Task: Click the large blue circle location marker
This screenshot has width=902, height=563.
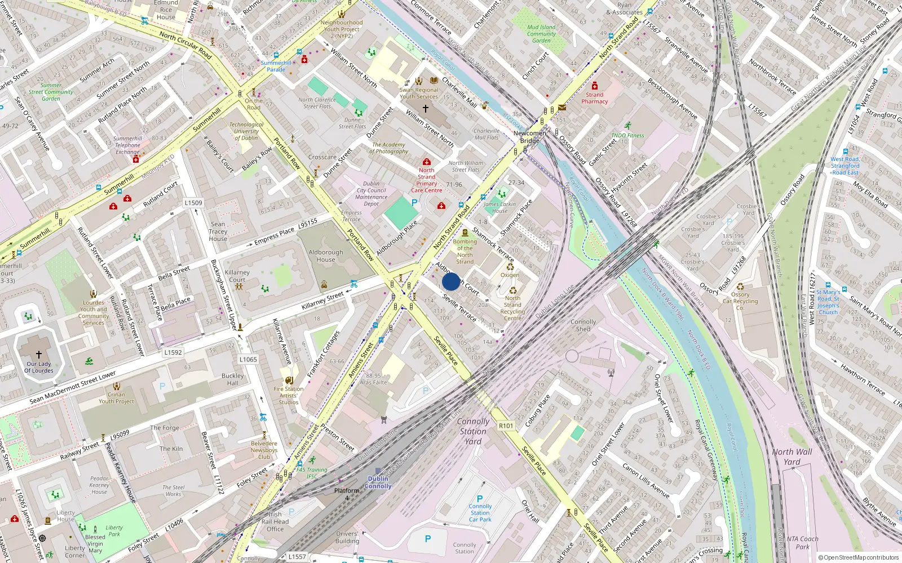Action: (451, 281)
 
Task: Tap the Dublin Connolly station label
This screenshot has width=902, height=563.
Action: (378, 482)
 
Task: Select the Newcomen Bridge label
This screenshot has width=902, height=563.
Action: (529, 137)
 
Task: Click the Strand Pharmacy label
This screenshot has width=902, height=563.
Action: (595, 98)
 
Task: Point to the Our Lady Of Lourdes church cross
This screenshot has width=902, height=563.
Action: (39, 354)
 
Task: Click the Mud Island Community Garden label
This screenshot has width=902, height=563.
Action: (541, 34)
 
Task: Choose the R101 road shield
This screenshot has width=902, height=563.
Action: (506, 426)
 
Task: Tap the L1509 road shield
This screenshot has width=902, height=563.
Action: (193, 203)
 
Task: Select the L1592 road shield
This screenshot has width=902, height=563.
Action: (173, 352)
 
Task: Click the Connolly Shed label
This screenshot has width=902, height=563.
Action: (583, 325)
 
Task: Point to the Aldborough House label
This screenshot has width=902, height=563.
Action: (325, 256)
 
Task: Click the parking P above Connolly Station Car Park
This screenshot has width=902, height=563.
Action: (480, 499)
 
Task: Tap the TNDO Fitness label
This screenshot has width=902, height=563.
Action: (627, 135)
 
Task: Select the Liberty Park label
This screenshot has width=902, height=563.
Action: (114, 531)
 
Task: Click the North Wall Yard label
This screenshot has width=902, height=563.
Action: (792, 457)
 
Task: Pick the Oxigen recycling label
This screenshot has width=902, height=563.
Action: (510, 275)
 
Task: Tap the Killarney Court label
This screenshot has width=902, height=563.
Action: (237, 276)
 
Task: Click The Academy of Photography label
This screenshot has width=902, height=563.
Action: (389, 148)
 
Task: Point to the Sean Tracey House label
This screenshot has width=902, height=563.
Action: (218, 231)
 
